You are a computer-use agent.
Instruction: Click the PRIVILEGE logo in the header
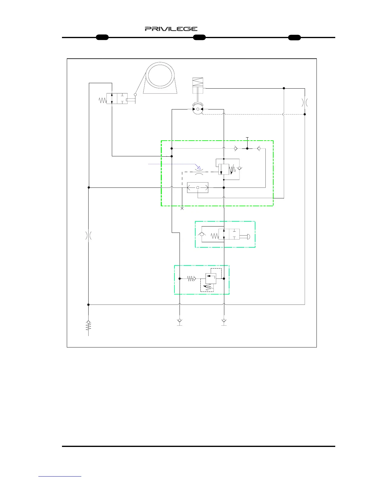pos(171,29)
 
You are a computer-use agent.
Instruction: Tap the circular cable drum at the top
pos(160,75)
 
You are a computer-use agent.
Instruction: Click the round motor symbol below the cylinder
pos(198,109)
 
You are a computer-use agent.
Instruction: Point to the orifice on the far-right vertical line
pos(305,102)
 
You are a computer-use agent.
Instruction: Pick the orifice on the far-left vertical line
pos(88,236)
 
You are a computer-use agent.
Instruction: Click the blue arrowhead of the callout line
pos(198,167)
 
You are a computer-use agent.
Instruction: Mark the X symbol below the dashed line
pos(182,208)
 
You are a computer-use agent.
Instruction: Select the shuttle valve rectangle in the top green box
pos(198,187)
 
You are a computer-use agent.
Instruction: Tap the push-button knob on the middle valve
pos(247,236)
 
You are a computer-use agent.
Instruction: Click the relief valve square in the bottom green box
pos(211,279)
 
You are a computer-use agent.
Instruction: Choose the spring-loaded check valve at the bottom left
pos(88,326)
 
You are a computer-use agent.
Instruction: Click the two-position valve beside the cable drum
pos(117,99)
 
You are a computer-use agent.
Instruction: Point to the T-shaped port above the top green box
pos(247,138)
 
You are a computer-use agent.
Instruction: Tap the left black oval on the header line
pos(102,37)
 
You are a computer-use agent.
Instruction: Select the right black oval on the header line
pos(294,37)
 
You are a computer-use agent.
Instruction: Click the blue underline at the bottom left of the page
pos(60,476)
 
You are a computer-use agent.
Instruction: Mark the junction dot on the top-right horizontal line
pos(284,88)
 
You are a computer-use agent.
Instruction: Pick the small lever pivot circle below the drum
pos(135,95)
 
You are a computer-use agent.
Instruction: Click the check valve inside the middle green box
pos(202,234)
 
